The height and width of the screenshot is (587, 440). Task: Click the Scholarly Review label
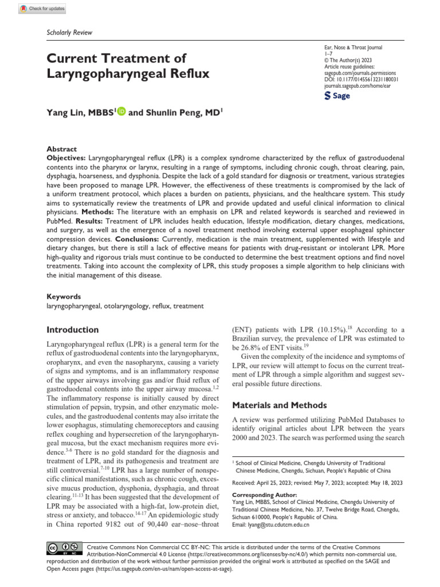point(69,33)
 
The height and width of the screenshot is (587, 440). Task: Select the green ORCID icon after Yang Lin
point(121,114)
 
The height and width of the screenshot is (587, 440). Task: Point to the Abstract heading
point(61,149)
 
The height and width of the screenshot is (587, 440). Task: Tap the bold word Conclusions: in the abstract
point(140,239)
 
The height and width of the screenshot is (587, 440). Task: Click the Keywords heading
point(64,298)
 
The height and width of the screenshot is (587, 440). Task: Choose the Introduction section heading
point(72,330)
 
